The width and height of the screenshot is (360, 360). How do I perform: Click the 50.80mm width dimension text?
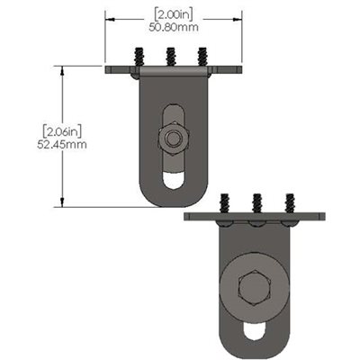174,27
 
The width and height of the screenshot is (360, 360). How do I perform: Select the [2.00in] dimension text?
174,14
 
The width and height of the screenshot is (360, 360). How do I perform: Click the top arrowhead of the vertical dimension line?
62,69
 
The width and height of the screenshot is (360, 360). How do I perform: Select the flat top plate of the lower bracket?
257,217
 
